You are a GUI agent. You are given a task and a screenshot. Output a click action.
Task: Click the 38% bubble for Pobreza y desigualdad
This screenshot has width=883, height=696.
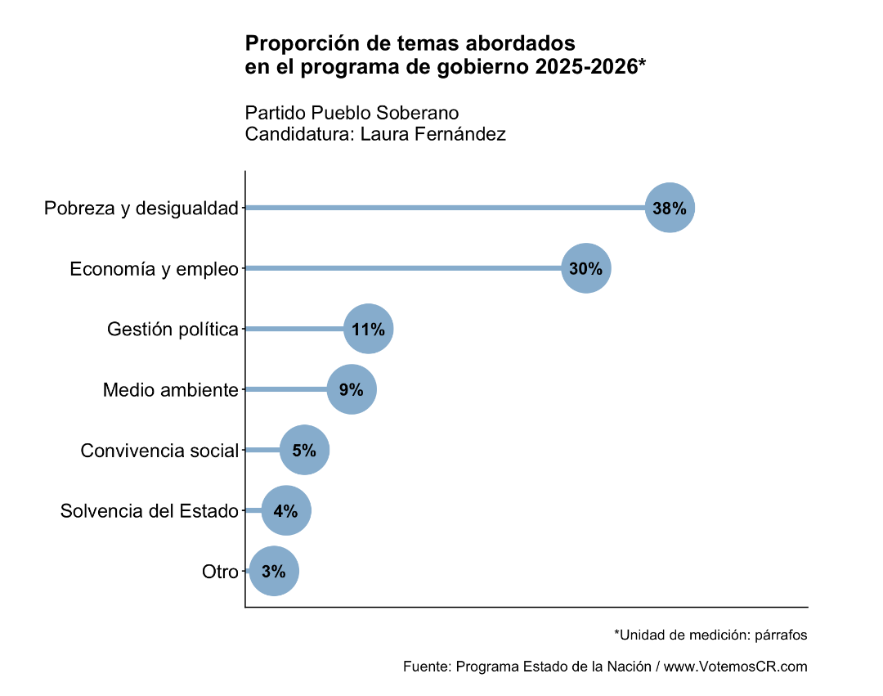670,208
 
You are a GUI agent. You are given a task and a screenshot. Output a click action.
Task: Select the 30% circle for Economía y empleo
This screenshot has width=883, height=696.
586,268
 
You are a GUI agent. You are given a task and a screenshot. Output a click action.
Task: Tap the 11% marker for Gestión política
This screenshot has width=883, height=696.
369,330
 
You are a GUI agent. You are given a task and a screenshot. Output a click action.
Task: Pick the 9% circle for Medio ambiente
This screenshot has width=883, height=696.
352,390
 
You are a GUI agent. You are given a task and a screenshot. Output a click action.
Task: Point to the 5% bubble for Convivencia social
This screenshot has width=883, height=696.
304,450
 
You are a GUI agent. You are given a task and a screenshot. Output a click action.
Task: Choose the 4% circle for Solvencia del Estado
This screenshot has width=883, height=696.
286,511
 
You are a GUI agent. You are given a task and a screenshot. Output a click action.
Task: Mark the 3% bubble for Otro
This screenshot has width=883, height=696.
274,572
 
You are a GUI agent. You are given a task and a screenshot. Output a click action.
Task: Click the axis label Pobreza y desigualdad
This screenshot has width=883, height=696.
141,209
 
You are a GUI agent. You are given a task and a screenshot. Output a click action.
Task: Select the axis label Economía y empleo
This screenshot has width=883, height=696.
154,269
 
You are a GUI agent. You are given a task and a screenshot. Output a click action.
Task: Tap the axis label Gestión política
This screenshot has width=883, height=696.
173,330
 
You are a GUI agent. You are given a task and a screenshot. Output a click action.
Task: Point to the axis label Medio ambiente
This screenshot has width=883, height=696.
170,390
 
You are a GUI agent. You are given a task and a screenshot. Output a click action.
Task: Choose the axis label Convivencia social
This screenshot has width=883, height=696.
159,451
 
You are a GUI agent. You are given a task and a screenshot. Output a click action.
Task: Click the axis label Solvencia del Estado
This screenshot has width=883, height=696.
150,511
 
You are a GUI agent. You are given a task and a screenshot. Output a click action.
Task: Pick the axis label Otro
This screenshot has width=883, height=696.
220,572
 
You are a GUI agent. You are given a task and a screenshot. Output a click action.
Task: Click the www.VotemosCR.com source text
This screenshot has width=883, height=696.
735,667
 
